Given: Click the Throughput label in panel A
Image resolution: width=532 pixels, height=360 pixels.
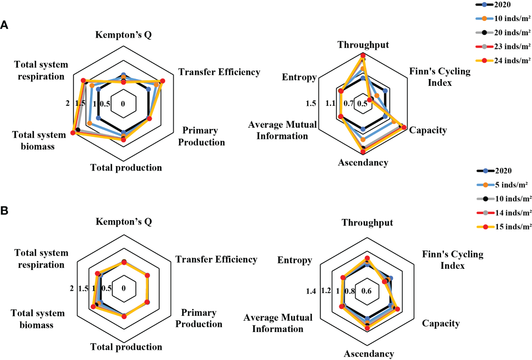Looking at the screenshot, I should pyautogui.click(x=363, y=45).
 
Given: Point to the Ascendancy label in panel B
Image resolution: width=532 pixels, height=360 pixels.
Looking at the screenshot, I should pyautogui.click(x=369, y=354).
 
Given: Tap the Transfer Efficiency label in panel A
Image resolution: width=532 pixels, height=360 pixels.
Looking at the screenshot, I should pyautogui.click(x=219, y=72).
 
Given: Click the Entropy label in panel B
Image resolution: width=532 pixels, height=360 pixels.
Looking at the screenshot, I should pyautogui.click(x=295, y=260).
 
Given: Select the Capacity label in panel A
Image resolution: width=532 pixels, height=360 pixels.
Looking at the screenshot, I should pyautogui.click(x=428, y=130).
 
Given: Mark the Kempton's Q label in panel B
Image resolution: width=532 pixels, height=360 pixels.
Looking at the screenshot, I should pyautogui.click(x=124, y=222).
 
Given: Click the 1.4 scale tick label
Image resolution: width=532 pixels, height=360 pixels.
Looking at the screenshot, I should pyautogui.click(x=311, y=291).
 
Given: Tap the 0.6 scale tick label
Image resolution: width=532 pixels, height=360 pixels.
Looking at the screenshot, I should pyautogui.click(x=367, y=291).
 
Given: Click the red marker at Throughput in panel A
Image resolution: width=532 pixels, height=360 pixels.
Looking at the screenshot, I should pyautogui.click(x=363, y=55).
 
